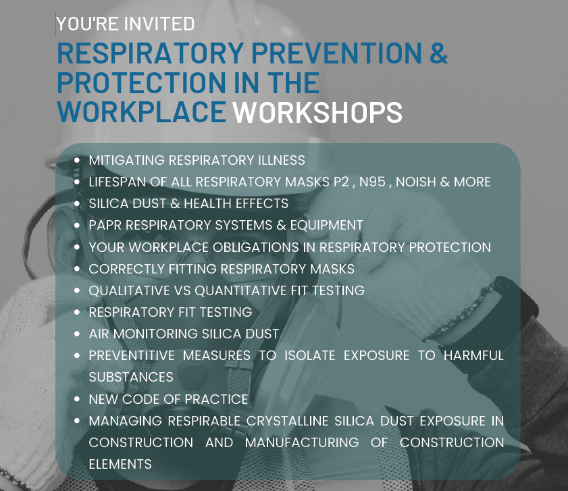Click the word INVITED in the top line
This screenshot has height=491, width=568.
click(x=159, y=24)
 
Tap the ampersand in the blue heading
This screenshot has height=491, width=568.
click(x=439, y=53)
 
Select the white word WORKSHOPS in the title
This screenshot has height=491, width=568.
click(x=317, y=112)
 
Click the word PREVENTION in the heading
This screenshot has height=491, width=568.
click(x=336, y=53)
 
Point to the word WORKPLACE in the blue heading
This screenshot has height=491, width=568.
click(x=142, y=111)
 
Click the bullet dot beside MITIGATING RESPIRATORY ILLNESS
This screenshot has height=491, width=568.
click(x=77, y=160)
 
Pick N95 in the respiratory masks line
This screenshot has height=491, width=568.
click(x=372, y=182)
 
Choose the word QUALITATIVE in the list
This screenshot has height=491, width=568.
click(x=129, y=290)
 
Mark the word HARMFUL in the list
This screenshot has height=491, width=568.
click(x=473, y=355)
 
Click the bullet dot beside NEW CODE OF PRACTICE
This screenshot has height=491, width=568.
click(x=77, y=399)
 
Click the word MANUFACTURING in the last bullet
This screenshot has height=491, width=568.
click(x=302, y=442)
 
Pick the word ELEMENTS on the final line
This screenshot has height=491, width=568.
click(x=120, y=464)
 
